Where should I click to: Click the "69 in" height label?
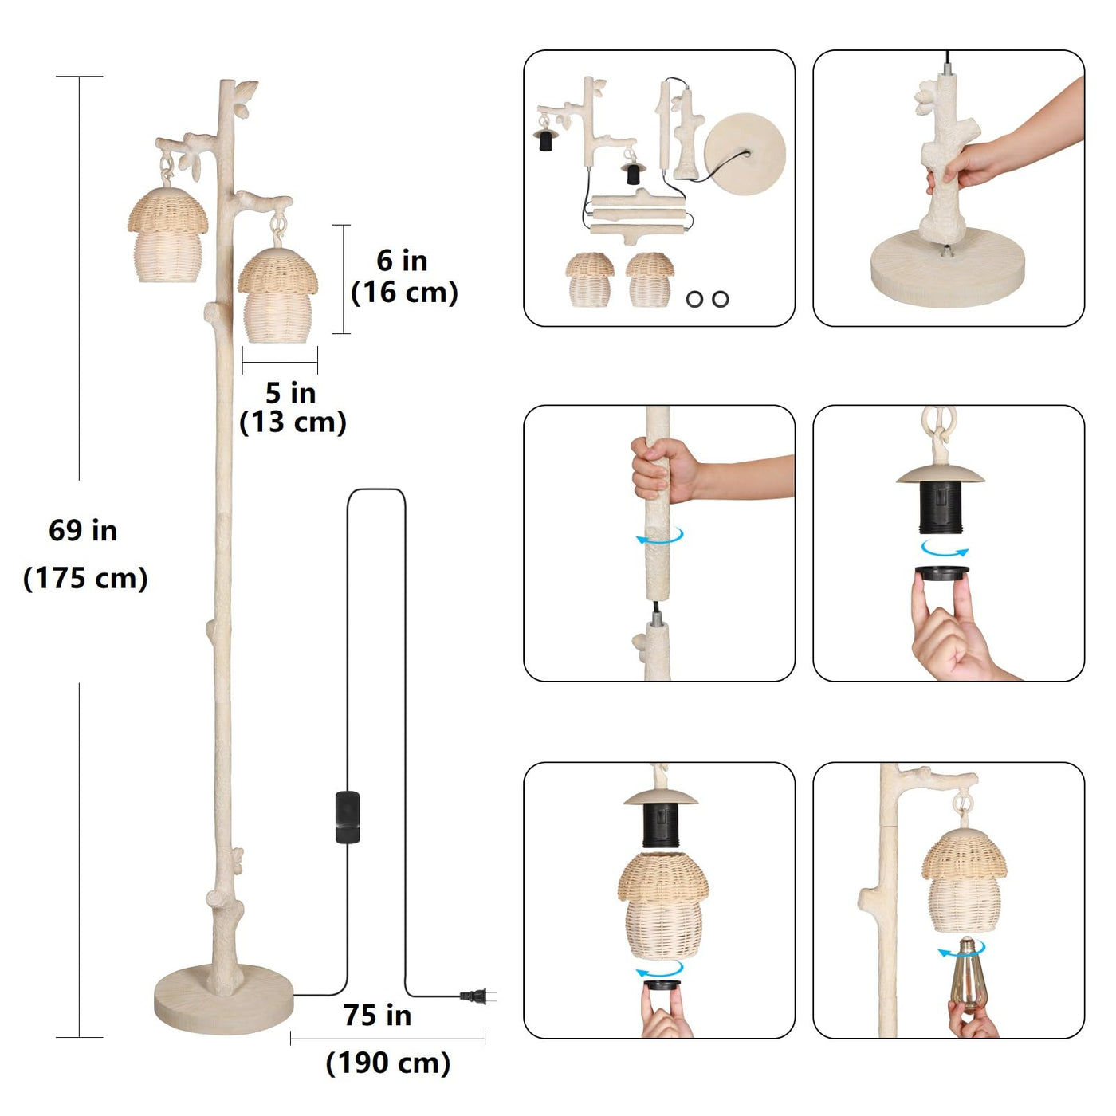pos(83,530)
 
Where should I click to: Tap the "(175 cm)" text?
pos(86,579)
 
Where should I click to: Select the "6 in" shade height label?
pos(402,261)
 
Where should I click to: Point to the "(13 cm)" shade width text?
pos(293,422)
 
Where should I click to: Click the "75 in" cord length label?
pos(377,1016)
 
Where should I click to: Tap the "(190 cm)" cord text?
pos(388,1063)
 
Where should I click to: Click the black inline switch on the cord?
pos(348,817)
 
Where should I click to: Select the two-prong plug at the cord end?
pos(477,996)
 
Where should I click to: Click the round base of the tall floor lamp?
pos(224,999)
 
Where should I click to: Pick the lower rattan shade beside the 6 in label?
pos(277,296)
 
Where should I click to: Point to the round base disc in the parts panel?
pos(745,154)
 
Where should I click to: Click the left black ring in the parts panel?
pos(694,300)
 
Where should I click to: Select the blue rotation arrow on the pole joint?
pos(660,536)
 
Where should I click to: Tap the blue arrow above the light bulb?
pos(961,950)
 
